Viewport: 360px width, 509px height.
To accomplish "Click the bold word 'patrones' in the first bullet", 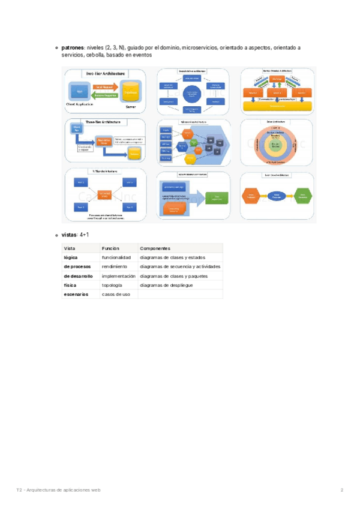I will click(x=74, y=47).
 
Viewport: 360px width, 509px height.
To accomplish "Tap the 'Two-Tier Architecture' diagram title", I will click(x=106, y=73).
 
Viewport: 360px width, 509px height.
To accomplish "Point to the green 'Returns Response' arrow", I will click(x=105, y=95).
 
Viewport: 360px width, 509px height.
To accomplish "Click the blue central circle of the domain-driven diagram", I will click(x=191, y=94).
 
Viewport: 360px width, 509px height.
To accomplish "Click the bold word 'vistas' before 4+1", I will click(x=70, y=235).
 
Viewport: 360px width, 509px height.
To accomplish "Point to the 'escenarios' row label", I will click(x=76, y=294).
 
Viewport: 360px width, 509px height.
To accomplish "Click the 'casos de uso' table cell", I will click(x=116, y=294).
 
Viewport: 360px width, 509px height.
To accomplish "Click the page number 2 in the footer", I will click(x=341, y=490).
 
